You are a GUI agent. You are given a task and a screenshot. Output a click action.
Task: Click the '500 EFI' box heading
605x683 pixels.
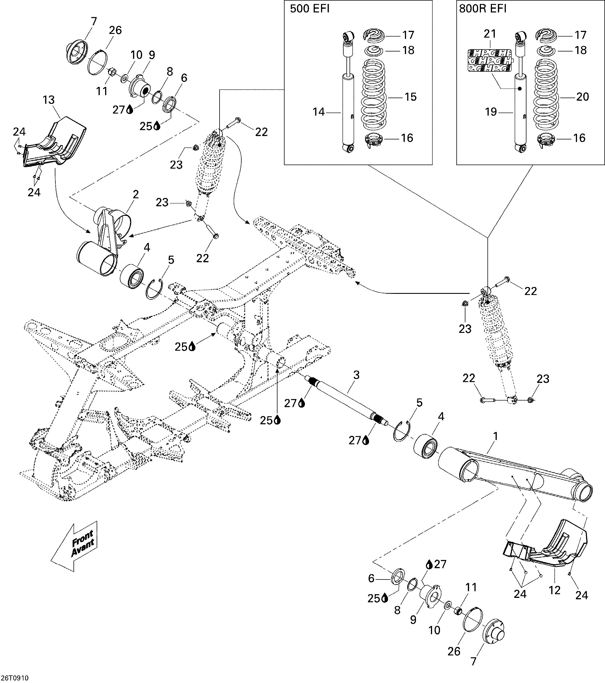[309, 9]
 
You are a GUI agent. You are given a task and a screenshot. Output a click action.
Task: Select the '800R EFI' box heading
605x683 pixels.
[482, 9]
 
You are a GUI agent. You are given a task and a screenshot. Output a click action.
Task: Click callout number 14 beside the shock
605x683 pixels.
[318, 112]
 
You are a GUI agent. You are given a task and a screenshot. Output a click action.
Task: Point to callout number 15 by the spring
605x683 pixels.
[411, 97]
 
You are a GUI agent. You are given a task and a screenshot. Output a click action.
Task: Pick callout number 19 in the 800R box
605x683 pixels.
[491, 112]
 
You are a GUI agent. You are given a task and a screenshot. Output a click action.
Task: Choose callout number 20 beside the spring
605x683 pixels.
[583, 97]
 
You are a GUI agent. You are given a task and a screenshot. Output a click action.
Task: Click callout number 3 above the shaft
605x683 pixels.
[356, 375]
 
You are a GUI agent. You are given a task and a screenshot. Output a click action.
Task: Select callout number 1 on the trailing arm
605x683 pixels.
[495, 436]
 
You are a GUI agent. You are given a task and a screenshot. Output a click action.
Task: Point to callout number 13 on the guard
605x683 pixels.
[49, 100]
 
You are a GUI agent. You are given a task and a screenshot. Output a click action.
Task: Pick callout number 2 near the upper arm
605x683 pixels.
[136, 194]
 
